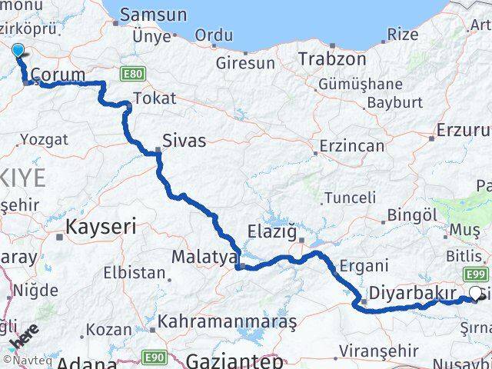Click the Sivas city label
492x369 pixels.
click(184, 141)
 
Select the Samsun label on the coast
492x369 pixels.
click(154, 15)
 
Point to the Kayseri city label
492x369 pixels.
click(101, 227)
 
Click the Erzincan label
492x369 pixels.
click(351, 145)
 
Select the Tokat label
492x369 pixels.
click(155, 98)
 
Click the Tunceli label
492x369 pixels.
click(350, 198)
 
